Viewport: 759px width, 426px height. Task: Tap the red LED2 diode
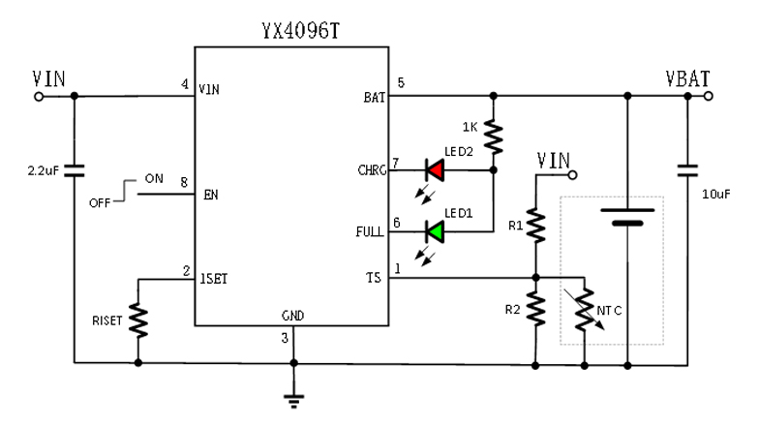(x=435, y=170)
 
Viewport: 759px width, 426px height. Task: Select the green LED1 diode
(x=435, y=231)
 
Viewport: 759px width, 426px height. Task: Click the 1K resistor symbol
(x=494, y=137)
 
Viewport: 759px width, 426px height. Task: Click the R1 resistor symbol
(x=535, y=227)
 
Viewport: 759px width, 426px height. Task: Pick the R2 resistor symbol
(x=535, y=310)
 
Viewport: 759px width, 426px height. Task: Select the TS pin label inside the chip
(x=373, y=279)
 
